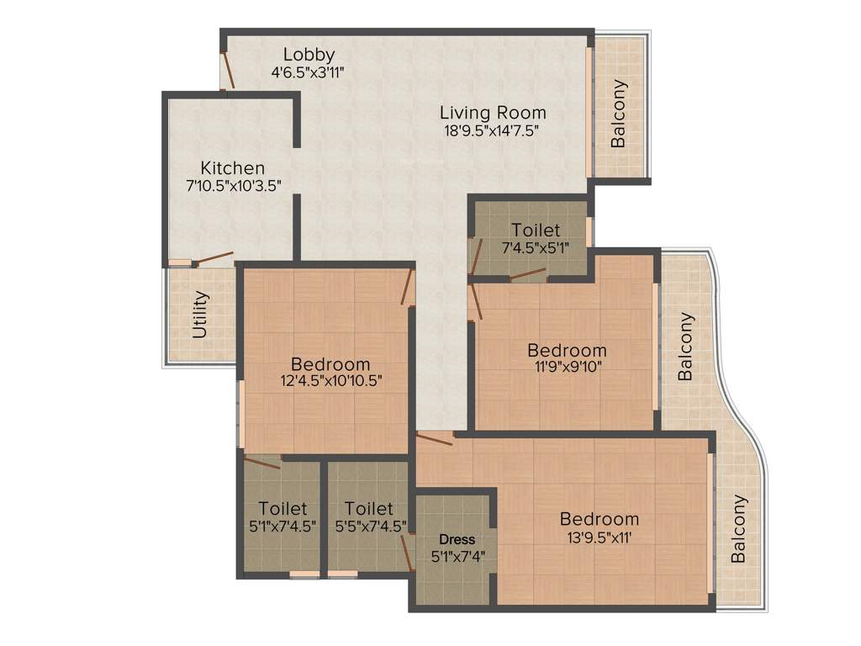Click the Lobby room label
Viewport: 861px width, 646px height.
click(x=309, y=54)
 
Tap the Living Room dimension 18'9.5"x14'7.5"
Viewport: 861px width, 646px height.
click(x=492, y=130)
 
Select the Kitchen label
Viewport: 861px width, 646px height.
click(x=232, y=168)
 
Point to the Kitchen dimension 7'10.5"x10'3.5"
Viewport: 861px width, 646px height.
click(x=233, y=185)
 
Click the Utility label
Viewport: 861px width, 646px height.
click(x=200, y=315)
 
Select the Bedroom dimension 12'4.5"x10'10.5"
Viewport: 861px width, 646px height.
click(x=330, y=380)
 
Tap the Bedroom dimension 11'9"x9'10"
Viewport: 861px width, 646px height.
click(x=566, y=366)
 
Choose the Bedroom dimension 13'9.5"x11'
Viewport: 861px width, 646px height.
click(x=600, y=536)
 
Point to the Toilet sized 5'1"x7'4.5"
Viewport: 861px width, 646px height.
click(x=283, y=526)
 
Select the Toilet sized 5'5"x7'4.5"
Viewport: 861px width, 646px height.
click(x=369, y=526)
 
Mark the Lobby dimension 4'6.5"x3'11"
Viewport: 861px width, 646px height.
click(x=309, y=72)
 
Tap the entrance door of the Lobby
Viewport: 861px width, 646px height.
click(x=225, y=71)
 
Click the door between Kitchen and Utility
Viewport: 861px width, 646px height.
click(x=213, y=257)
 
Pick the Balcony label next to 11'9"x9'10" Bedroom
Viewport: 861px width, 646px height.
click(x=686, y=347)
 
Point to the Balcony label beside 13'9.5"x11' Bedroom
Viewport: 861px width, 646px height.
click(x=738, y=528)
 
